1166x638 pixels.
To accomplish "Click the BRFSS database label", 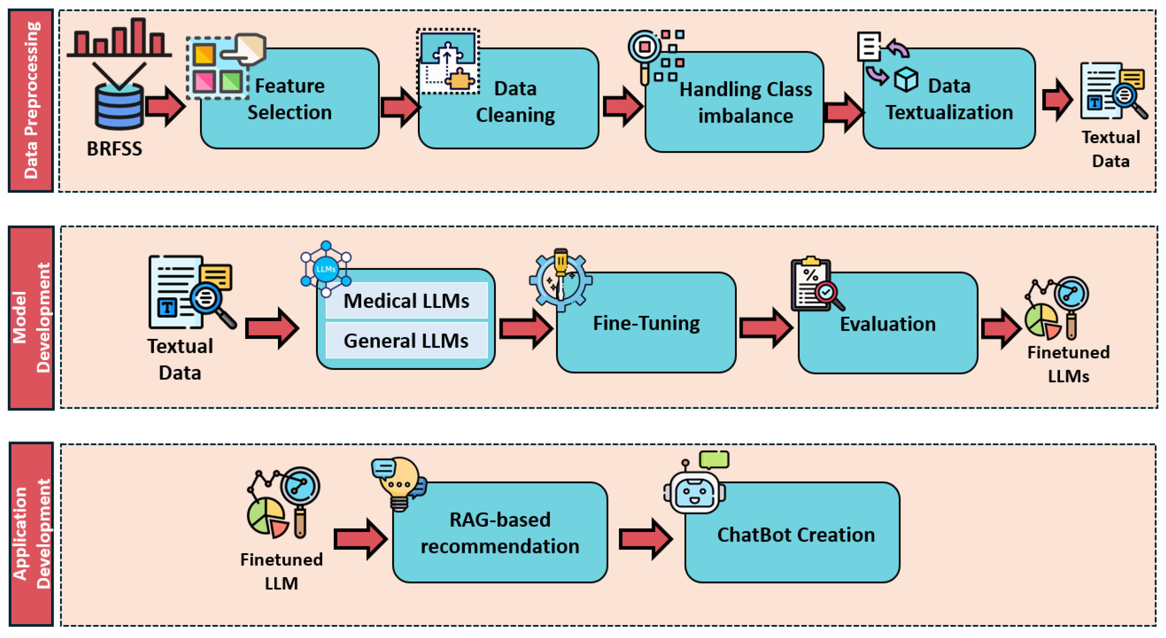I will (x=115, y=148).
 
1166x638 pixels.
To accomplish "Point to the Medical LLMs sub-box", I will (x=406, y=301).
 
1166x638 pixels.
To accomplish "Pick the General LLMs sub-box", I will (x=406, y=341).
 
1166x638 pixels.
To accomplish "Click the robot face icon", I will (x=695, y=491).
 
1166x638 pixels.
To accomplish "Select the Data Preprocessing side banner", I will (x=31, y=100).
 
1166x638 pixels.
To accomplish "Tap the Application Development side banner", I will (x=31, y=534).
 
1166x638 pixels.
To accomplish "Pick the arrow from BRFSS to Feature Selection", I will (x=165, y=106).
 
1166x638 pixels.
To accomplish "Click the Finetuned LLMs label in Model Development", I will (x=1068, y=364).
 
